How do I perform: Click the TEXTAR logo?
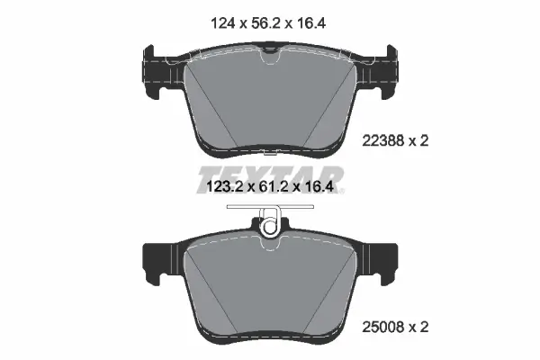point(270,173)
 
